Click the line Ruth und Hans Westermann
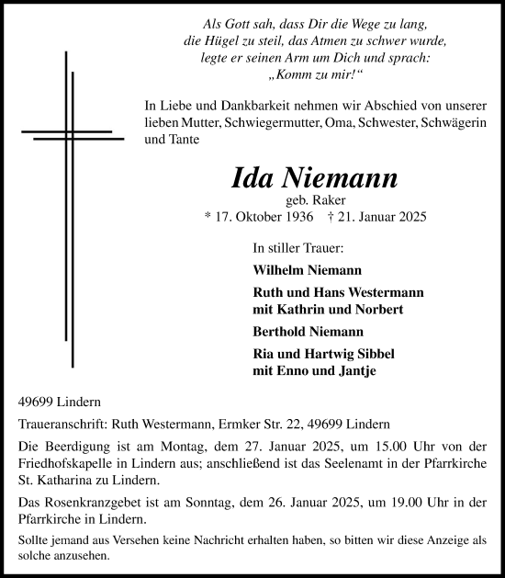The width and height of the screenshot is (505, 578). [337, 292]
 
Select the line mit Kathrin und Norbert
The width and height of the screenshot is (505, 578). [327, 310]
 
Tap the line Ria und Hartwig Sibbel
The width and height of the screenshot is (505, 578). [321, 354]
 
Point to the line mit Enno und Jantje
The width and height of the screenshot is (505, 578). [314, 371]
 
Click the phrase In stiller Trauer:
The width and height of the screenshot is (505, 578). [297, 248]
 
